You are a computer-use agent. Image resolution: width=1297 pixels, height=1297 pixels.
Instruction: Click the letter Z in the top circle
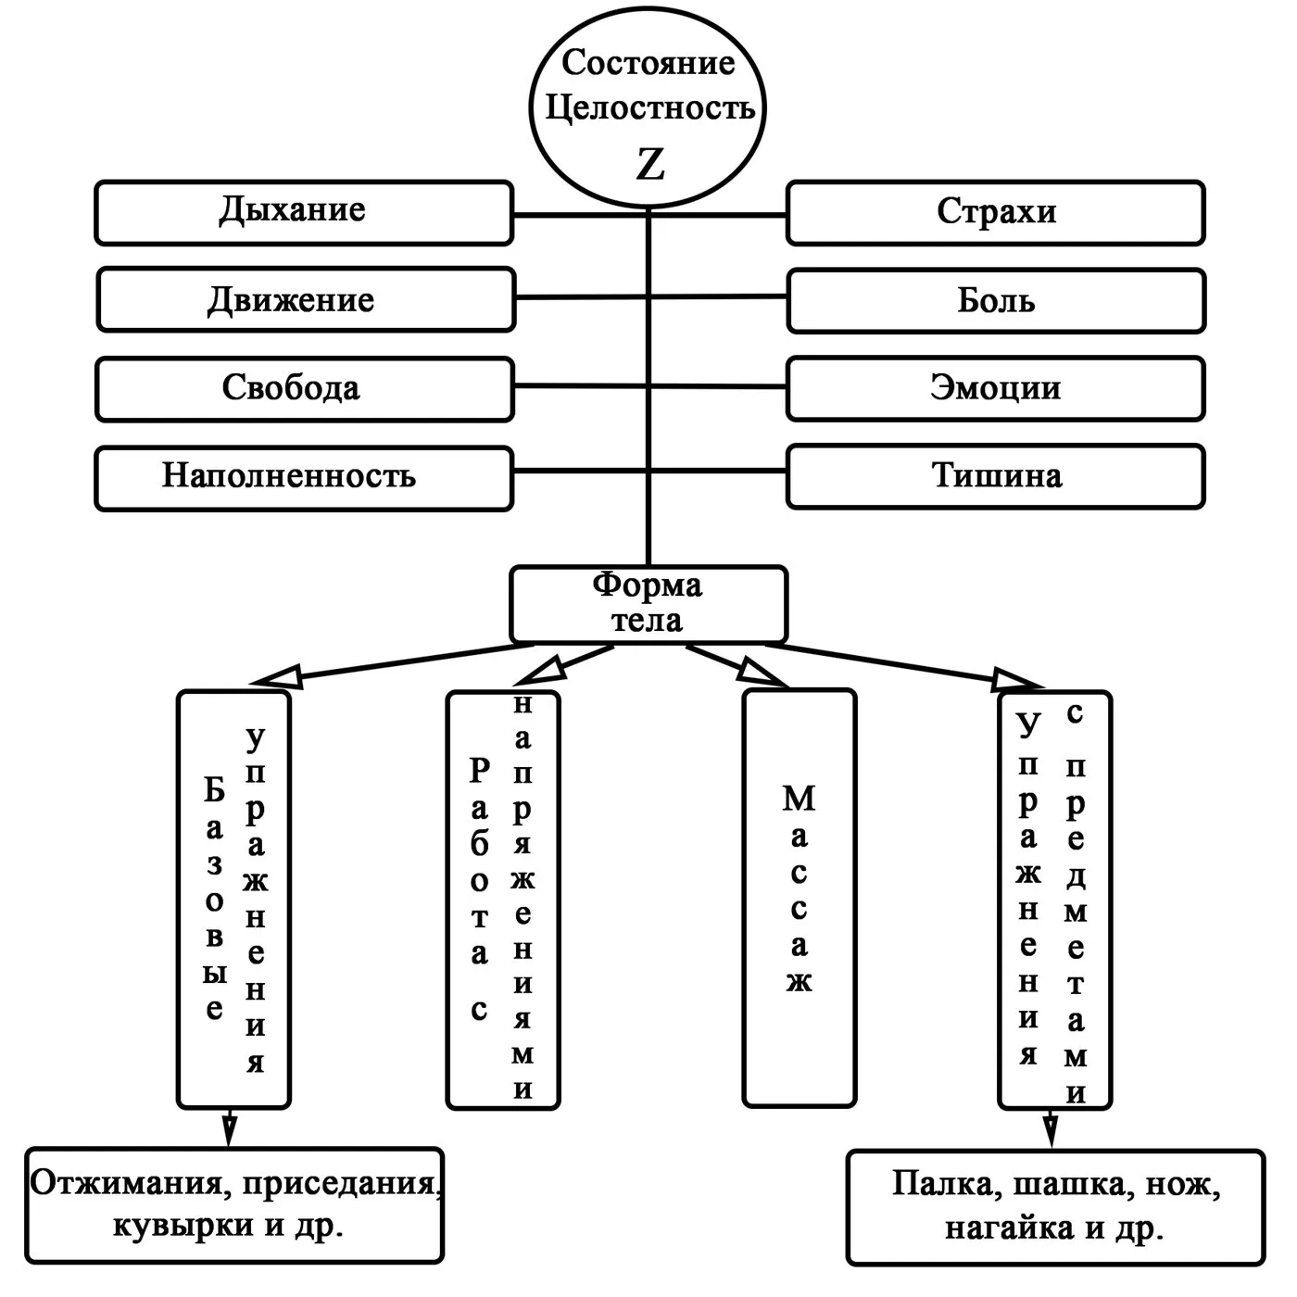point(650,165)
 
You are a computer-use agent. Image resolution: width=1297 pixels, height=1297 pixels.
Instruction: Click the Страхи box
point(996,213)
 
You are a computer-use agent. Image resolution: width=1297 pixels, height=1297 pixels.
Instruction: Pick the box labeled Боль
point(996,301)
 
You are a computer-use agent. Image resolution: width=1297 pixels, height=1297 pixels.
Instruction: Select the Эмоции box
point(996,388)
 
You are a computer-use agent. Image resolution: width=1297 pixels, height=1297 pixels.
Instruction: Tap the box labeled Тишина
point(996,476)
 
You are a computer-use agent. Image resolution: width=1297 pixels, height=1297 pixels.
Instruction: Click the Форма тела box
point(648,604)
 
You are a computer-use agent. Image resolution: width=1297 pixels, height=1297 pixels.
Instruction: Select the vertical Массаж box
point(799,897)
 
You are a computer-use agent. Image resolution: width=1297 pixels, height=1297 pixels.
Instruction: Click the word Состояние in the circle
point(648,63)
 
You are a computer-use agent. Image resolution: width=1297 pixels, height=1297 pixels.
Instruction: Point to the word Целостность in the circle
point(650,107)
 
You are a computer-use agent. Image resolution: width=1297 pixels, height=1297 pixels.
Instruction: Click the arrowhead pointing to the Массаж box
point(767,675)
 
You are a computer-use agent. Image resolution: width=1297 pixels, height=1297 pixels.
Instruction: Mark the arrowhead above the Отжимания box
point(231,1132)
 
